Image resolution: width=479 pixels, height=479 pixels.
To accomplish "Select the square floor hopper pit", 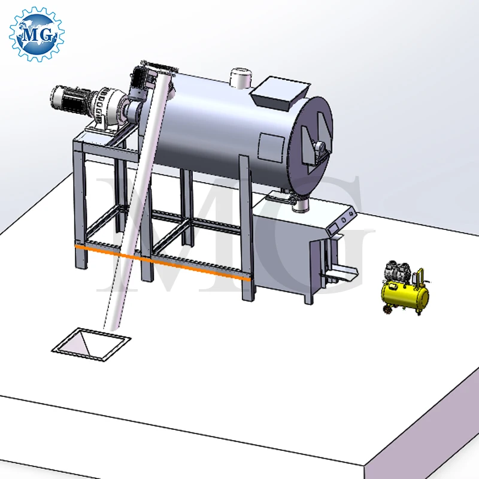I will (90, 342).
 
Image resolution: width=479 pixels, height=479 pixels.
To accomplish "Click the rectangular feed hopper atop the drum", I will (280, 90).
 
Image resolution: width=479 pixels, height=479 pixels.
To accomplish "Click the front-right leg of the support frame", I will (245, 228).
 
